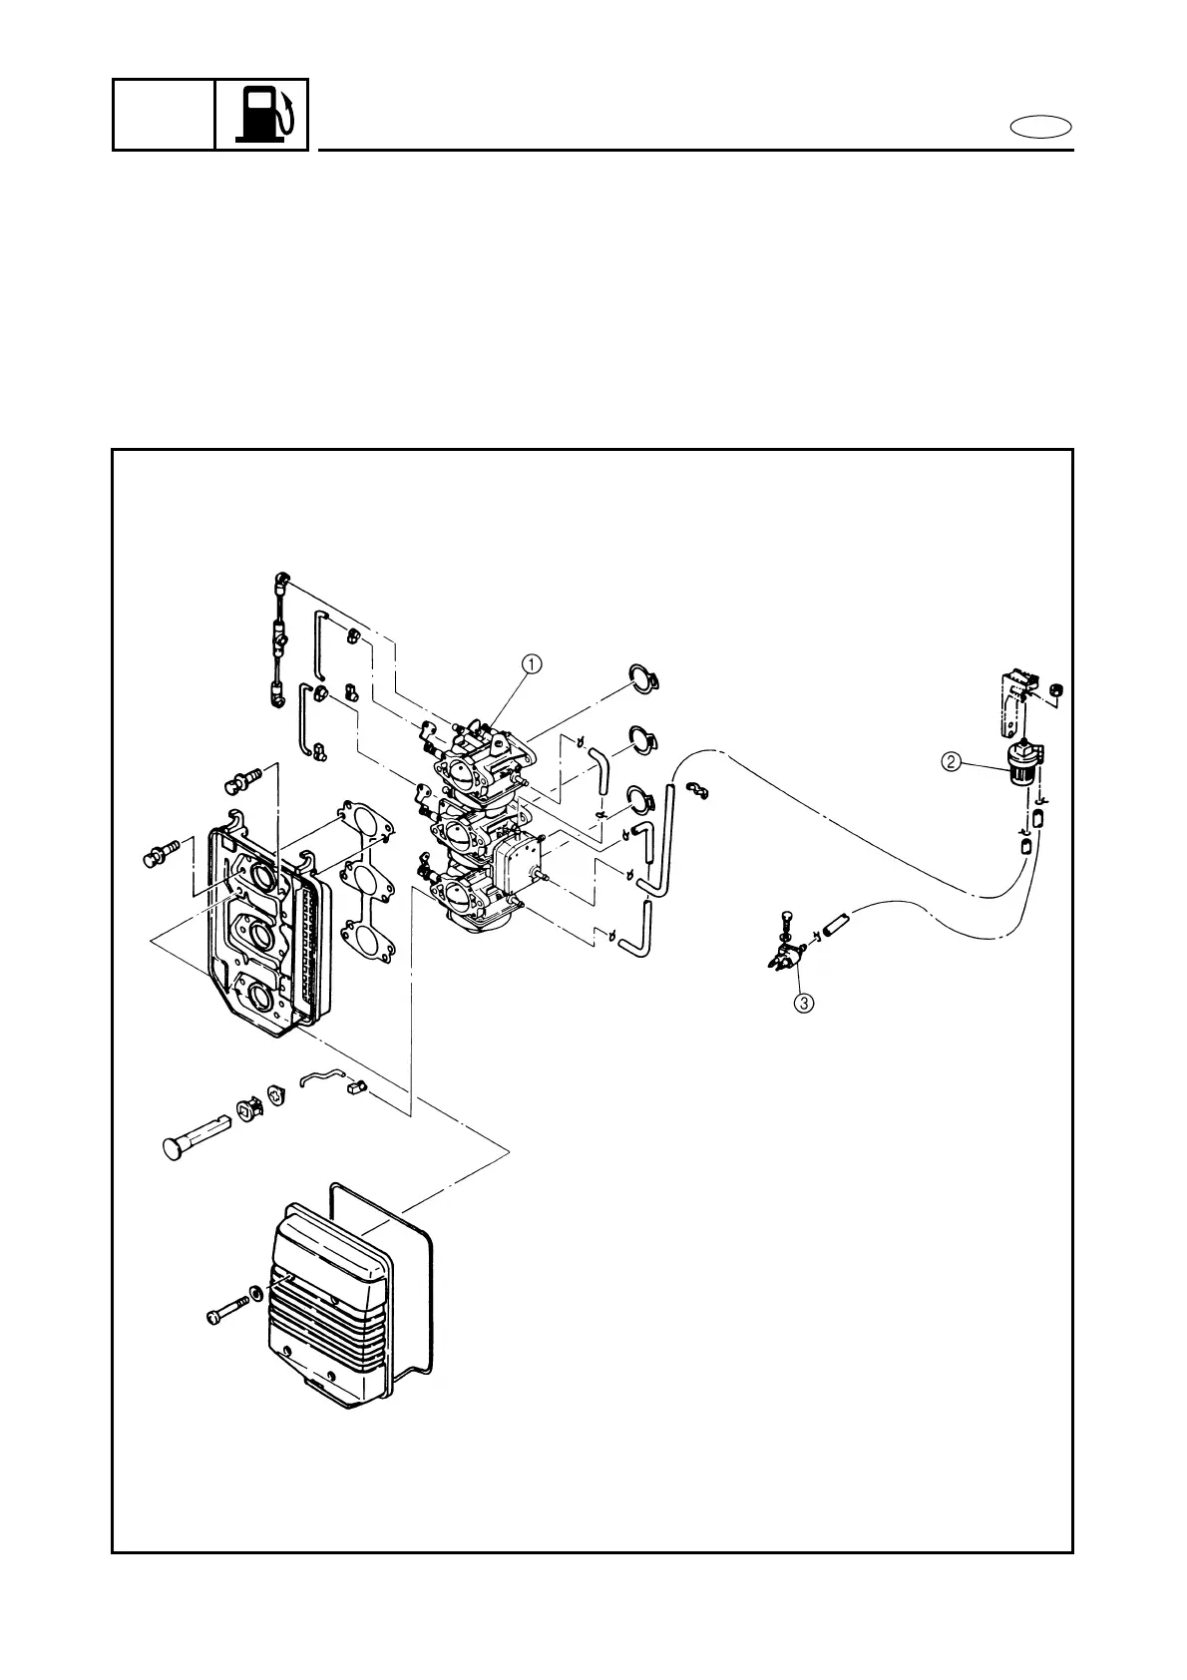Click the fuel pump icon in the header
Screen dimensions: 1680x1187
tap(262, 115)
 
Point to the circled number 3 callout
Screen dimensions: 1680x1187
tap(804, 1003)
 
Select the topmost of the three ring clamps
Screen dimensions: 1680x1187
tap(647, 678)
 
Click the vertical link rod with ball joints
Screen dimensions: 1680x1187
tap(279, 638)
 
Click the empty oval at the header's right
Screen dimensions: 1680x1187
tap(1040, 127)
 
